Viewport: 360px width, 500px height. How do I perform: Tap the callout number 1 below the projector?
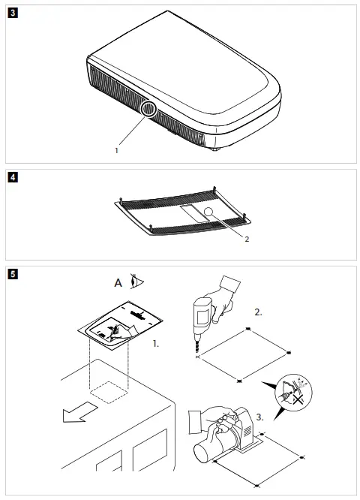tap(116, 150)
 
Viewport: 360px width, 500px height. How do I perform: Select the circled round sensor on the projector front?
tap(148, 110)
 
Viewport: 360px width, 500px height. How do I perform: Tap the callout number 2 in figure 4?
tap(246, 239)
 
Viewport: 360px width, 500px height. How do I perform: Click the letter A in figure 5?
tap(118, 284)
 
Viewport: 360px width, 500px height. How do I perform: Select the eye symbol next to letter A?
tap(136, 283)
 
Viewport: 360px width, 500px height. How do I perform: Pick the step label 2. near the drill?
tap(258, 312)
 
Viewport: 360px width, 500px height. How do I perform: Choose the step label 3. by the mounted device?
tap(259, 415)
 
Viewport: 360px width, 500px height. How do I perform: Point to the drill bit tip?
tap(198, 355)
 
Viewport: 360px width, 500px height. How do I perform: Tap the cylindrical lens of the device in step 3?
tap(204, 453)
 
